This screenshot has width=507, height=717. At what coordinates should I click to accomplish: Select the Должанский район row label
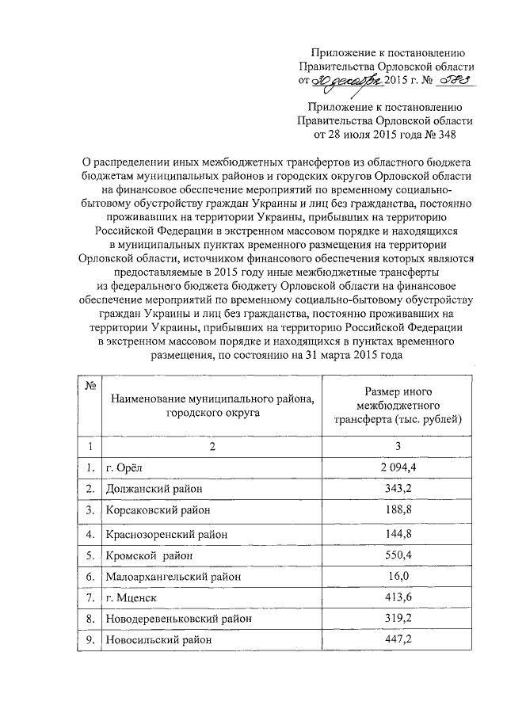click(155, 489)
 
